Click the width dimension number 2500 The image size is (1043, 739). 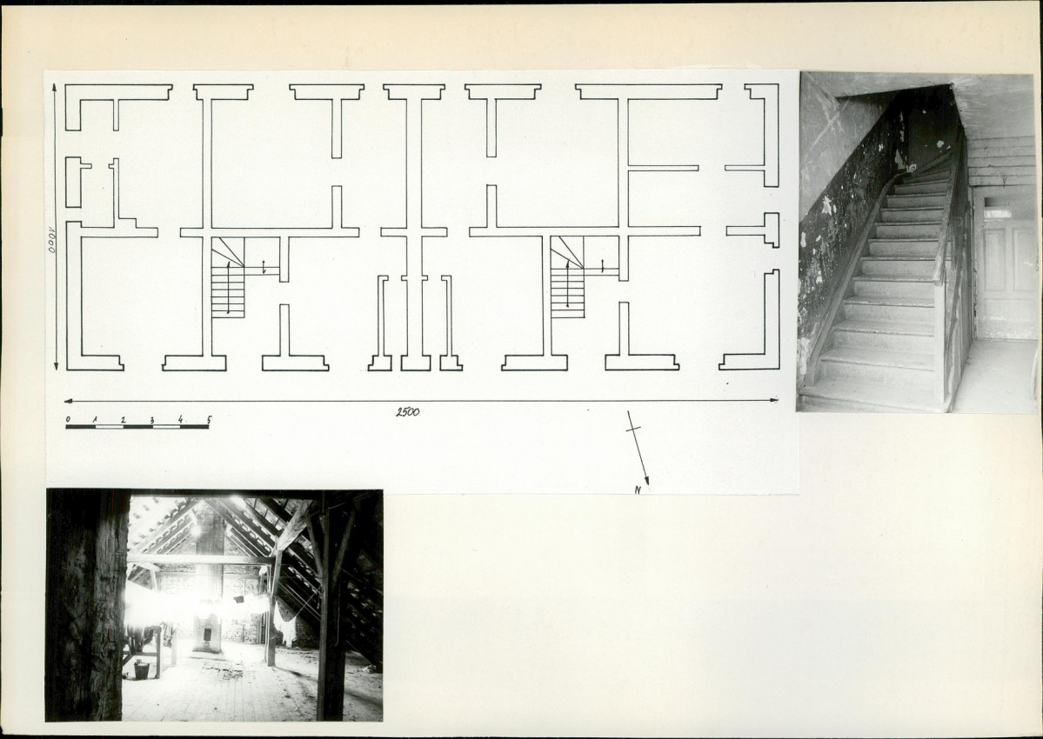pyautogui.click(x=408, y=412)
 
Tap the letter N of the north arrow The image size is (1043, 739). pyautogui.click(x=638, y=490)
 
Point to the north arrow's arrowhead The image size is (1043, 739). pyautogui.click(x=645, y=481)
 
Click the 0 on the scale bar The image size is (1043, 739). pyautogui.click(x=68, y=419)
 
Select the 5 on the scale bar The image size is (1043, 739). pyautogui.click(x=209, y=419)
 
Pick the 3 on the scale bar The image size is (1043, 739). pyautogui.click(x=152, y=420)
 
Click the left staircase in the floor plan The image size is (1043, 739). pyautogui.click(x=228, y=278)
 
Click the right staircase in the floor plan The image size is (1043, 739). pyautogui.click(x=567, y=278)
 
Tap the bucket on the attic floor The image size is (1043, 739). pyautogui.click(x=142, y=670)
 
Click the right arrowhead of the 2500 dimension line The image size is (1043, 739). pyautogui.click(x=773, y=400)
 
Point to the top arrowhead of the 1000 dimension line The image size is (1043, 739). pyautogui.click(x=56, y=89)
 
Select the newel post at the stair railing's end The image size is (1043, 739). pyautogui.click(x=939, y=339)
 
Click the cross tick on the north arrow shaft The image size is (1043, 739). pyautogui.click(x=634, y=429)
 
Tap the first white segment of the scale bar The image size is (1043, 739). pyautogui.click(x=109, y=427)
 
